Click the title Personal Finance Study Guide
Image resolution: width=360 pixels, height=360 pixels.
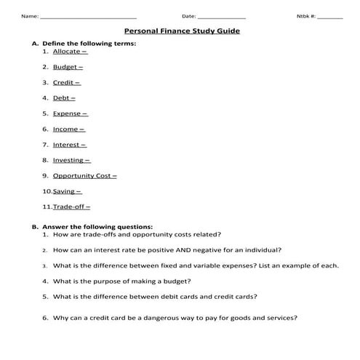(x=182, y=31)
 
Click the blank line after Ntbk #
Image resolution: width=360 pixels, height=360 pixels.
(x=329, y=17)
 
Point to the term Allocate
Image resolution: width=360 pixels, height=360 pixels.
(x=67, y=52)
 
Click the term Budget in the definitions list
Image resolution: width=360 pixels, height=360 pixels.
(x=65, y=67)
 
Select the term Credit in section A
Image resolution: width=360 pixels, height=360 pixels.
(x=64, y=82)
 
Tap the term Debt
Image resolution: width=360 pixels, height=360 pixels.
(x=62, y=97)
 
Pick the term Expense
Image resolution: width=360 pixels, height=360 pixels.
(x=68, y=113)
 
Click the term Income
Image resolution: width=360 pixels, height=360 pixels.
(x=66, y=129)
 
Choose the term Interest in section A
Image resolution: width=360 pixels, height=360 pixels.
(x=68, y=145)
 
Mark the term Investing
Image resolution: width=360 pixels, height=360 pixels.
(x=69, y=160)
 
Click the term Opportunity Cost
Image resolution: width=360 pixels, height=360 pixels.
(x=82, y=175)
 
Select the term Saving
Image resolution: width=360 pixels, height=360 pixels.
(x=65, y=191)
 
